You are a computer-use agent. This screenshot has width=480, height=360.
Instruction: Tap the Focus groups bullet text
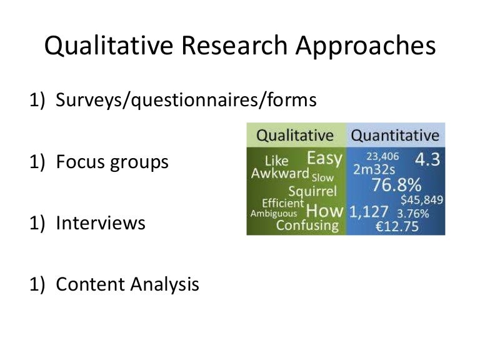112,162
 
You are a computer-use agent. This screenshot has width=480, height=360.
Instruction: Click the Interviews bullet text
101,223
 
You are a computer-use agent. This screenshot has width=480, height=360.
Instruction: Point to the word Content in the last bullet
91,284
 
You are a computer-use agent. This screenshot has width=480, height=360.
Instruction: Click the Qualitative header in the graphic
296,135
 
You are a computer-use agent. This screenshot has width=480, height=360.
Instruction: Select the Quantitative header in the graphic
395,135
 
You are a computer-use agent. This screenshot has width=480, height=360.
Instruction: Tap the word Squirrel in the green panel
312,191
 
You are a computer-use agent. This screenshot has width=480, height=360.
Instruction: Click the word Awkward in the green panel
280,173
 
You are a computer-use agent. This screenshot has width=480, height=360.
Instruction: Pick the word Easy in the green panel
324,158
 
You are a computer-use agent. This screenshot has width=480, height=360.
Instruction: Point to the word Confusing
307,225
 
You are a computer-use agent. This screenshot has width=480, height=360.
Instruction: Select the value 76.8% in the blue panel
396,186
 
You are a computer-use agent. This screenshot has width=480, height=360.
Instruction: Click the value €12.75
397,225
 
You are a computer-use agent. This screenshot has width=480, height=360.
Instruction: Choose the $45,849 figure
422,200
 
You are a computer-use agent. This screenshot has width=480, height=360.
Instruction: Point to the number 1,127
369,212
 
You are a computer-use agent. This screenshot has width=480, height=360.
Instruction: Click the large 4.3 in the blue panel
428,159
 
